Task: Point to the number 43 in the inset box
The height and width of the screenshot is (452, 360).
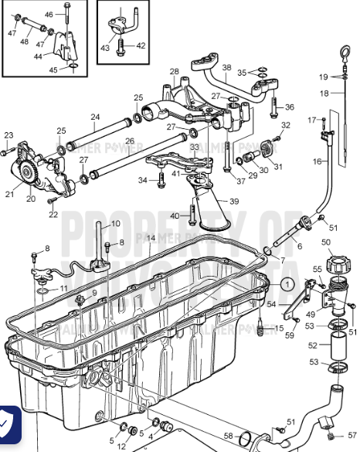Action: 105,47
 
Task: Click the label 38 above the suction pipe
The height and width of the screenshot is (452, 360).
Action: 226,67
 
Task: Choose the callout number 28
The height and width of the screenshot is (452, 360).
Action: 175,71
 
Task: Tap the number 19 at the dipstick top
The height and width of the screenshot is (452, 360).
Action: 324,76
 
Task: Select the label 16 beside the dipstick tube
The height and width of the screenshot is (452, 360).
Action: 317,161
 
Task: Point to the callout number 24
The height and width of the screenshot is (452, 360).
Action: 94,118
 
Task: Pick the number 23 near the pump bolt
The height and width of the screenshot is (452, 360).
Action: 8,135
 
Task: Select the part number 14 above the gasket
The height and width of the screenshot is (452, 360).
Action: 151,238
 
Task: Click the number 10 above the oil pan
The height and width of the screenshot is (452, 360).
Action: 115,223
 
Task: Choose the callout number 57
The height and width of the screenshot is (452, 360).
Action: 352,434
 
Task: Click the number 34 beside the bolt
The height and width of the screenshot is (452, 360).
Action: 143,180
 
